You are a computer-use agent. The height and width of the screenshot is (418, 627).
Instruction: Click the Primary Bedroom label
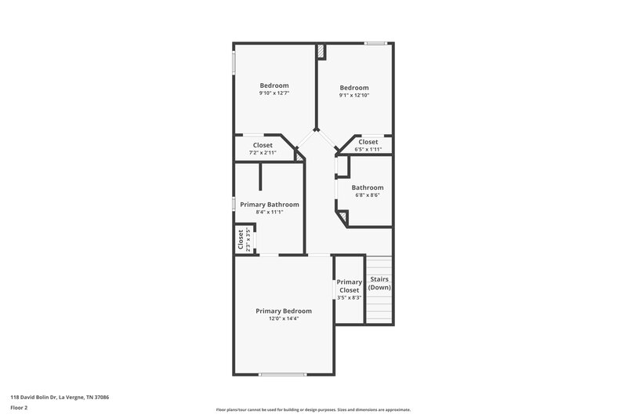click(284, 311)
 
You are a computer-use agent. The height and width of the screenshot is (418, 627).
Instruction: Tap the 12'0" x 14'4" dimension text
click(284, 318)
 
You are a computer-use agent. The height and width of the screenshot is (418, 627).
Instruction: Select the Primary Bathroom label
click(269, 204)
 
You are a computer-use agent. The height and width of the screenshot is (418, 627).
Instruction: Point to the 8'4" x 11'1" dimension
click(269, 212)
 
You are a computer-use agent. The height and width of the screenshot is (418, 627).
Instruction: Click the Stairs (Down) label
click(379, 283)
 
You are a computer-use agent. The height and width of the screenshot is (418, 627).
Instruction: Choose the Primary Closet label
click(349, 286)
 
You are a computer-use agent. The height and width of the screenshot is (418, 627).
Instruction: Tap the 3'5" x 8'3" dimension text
click(349, 298)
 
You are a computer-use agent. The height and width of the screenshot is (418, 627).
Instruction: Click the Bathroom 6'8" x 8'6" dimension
click(367, 196)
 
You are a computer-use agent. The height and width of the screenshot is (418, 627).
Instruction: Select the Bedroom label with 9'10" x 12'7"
click(274, 85)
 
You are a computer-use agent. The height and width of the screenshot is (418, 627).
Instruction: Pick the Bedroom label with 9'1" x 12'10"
click(353, 88)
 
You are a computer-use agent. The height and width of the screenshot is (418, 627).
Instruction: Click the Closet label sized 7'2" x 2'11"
click(263, 145)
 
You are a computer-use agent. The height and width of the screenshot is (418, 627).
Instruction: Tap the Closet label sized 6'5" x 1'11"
click(368, 142)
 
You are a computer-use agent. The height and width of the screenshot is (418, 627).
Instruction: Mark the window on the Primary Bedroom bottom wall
click(282, 374)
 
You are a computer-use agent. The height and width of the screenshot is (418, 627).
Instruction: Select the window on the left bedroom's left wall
click(233, 64)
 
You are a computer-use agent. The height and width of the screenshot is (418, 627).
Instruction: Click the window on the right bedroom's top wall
click(375, 42)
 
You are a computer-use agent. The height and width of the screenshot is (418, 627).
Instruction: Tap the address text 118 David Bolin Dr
click(60, 398)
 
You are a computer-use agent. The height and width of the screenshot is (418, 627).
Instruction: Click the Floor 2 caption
click(20, 409)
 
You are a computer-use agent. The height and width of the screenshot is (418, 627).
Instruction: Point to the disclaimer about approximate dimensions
click(313, 409)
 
